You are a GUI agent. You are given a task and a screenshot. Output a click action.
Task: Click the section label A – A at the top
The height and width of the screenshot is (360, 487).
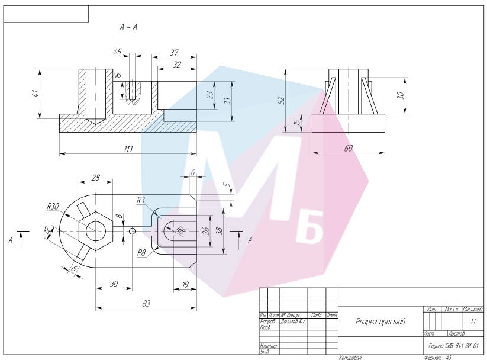point(129,27)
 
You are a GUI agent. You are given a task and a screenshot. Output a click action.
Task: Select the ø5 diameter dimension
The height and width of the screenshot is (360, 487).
point(117,52)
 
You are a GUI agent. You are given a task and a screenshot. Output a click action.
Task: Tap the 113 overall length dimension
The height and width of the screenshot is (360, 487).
point(128,149)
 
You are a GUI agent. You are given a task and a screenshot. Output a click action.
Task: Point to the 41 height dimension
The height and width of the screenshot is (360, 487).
point(36,94)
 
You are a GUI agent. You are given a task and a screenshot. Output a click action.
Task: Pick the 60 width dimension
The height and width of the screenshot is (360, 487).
point(348,148)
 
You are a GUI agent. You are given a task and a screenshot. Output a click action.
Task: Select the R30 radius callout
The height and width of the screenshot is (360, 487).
point(53,207)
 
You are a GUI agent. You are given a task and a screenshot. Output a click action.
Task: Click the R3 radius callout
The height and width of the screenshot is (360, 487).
point(141,201)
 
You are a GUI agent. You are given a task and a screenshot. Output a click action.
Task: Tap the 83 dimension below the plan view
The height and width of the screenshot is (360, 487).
point(146,303)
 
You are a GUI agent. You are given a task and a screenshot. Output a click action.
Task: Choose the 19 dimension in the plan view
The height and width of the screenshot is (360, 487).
point(185,284)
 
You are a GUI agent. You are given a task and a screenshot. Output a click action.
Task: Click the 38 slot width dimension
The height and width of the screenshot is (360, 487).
point(219,232)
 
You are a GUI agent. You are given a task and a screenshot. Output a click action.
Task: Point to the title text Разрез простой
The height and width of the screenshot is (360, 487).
point(380,322)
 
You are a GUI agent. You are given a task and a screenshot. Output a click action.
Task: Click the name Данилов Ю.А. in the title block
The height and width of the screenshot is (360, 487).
point(294,322)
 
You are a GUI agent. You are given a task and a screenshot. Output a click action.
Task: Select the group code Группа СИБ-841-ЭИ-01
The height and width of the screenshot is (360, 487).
point(453,345)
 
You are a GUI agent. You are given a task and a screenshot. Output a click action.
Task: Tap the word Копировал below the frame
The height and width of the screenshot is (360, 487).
point(350,358)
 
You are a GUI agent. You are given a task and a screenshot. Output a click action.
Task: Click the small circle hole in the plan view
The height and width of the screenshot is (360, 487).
point(132,231)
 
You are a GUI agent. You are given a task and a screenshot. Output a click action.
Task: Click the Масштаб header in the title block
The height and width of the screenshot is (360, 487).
point(473,310)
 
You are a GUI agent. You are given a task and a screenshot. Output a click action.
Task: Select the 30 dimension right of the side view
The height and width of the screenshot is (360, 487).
point(400,95)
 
